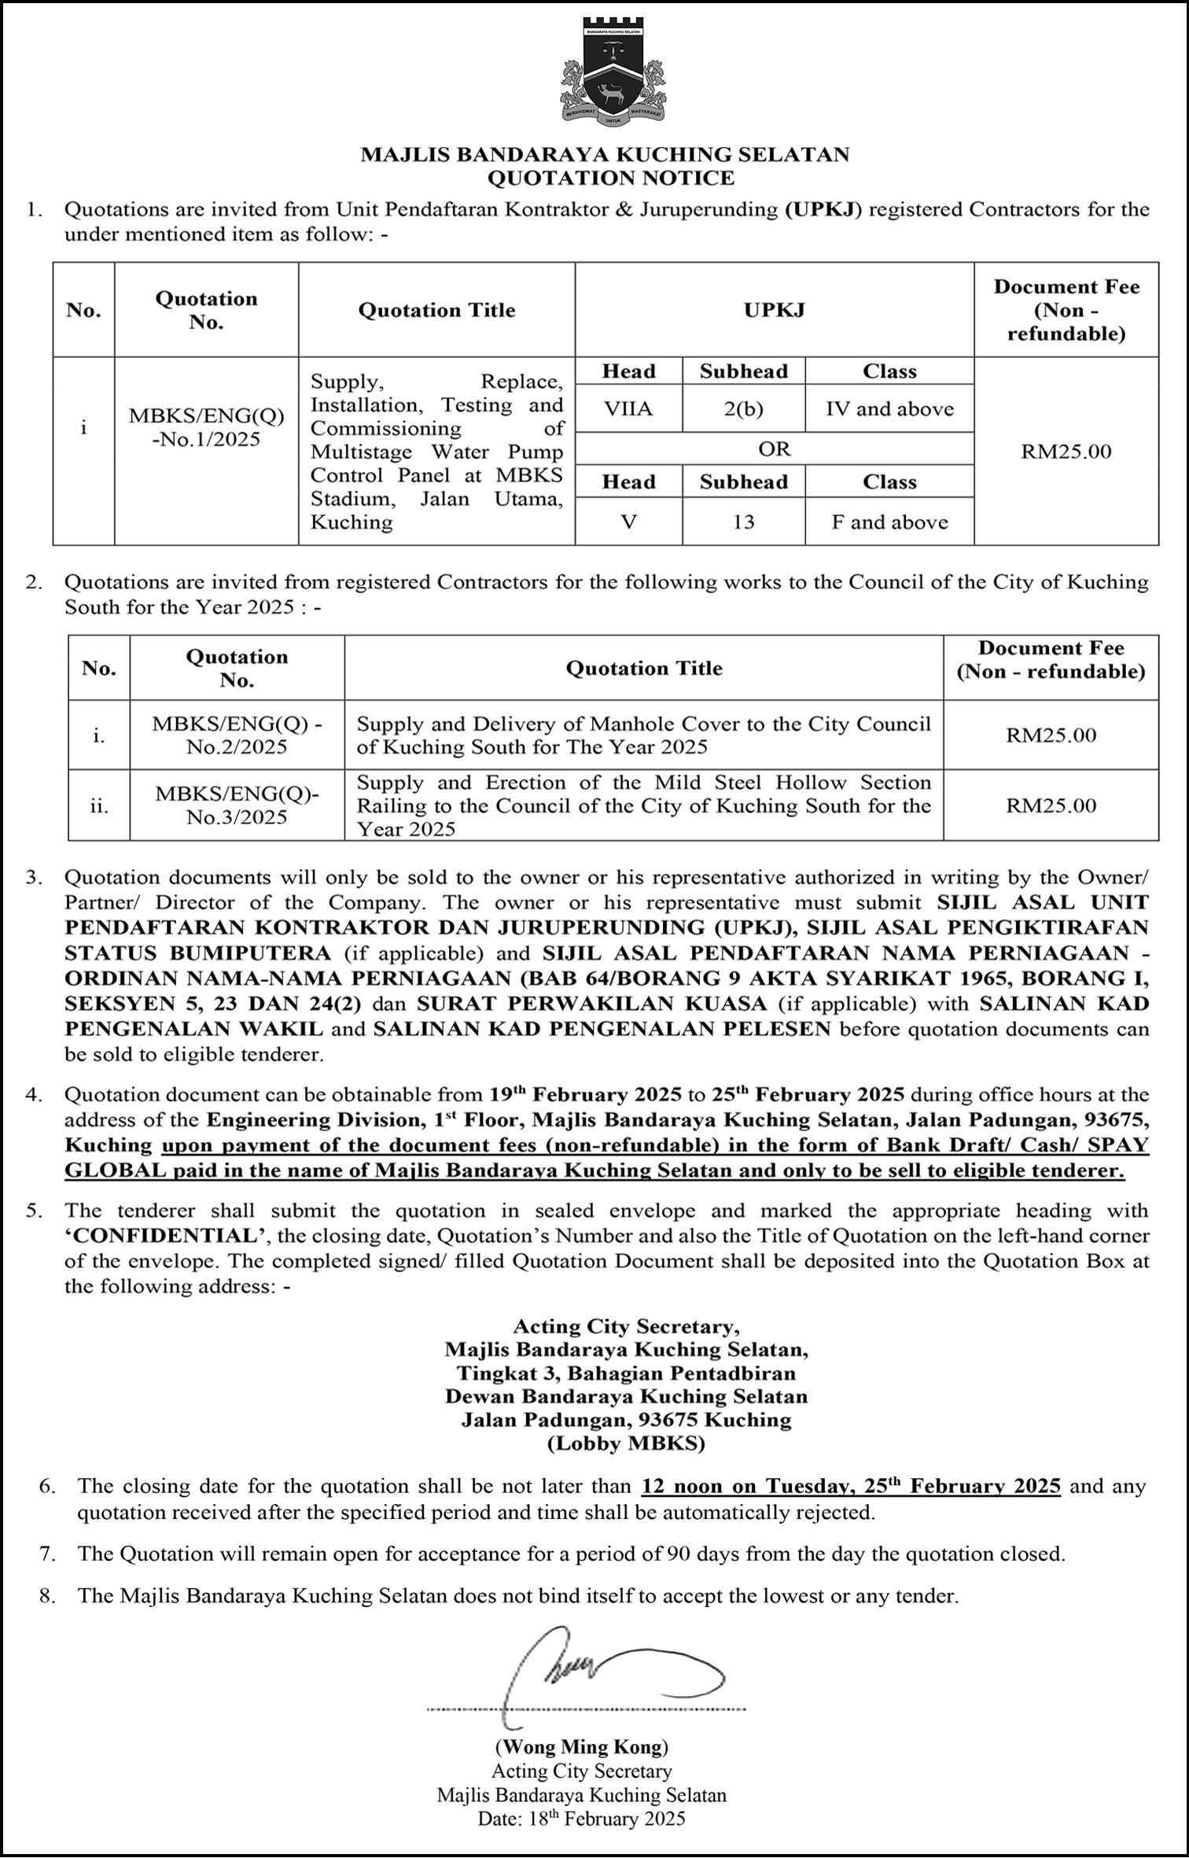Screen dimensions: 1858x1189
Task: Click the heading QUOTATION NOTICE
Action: click(610, 179)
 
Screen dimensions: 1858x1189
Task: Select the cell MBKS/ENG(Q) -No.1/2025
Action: click(206, 427)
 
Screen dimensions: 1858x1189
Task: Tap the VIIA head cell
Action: click(628, 409)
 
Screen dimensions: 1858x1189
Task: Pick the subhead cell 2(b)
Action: click(743, 409)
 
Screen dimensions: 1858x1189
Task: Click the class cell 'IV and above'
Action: click(889, 409)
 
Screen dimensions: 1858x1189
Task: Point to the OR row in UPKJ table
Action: click(774, 449)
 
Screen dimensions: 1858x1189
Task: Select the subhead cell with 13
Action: click(743, 522)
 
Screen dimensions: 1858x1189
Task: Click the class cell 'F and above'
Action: click(889, 522)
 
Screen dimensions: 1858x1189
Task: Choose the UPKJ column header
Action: click(774, 310)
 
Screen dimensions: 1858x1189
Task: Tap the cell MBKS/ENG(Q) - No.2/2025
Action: click(237, 735)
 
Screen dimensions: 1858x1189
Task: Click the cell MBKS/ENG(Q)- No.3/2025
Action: click(237, 806)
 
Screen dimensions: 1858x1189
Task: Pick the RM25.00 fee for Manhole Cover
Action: click(1051, 735)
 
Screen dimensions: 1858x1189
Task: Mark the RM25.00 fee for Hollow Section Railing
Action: click(1051, 806)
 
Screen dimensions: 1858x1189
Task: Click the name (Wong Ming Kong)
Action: click(581, 1747)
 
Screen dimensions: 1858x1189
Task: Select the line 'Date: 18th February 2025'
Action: click(581, 1819)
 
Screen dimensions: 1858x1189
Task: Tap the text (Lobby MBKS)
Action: click(626, 1443)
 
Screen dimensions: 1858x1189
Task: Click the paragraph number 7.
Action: click(47, 1554)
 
